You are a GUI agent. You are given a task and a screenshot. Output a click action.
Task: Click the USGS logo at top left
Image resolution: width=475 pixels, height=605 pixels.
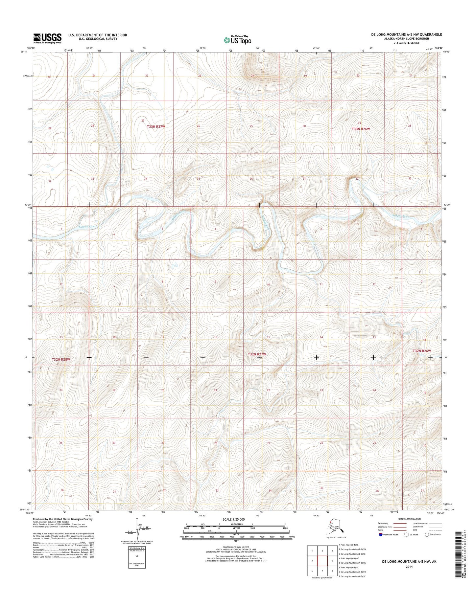coord(47,38)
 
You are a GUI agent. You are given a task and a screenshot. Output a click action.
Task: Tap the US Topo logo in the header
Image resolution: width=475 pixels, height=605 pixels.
coord(237,40)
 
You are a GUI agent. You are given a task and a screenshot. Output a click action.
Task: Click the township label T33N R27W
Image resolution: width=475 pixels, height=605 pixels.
coord(156,126)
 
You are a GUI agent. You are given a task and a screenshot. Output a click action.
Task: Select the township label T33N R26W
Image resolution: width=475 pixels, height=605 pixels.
coord(361,129)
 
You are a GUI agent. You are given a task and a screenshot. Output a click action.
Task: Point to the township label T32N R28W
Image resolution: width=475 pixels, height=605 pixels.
coord(61,360)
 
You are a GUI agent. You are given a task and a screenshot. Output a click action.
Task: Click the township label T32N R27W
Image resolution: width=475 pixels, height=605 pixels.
coord(257,354)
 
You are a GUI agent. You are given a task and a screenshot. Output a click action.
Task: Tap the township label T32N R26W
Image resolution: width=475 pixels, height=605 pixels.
coord(421,351)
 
